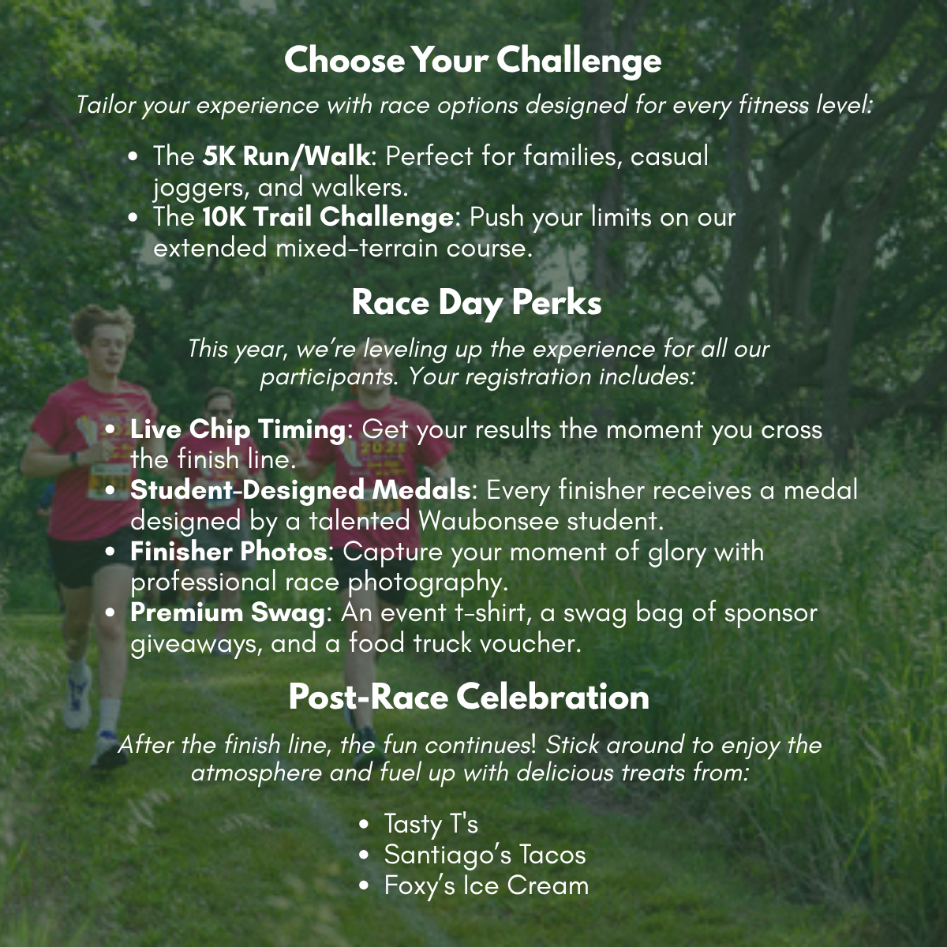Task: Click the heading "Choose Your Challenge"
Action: (473, 60)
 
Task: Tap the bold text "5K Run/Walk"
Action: (286, 156)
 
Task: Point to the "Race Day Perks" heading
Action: (476, 303)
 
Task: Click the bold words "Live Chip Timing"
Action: (238, 430)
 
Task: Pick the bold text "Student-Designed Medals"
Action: (300, 490)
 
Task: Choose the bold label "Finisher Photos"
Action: (228, 552)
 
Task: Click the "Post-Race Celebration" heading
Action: (469, 697)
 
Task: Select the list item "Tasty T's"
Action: (431, 824)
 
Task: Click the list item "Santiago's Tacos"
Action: (485, 855)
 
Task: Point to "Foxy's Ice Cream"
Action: (486, 885)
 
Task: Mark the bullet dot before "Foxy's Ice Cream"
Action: (364, 886)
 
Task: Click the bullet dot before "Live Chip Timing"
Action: (110, 431)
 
